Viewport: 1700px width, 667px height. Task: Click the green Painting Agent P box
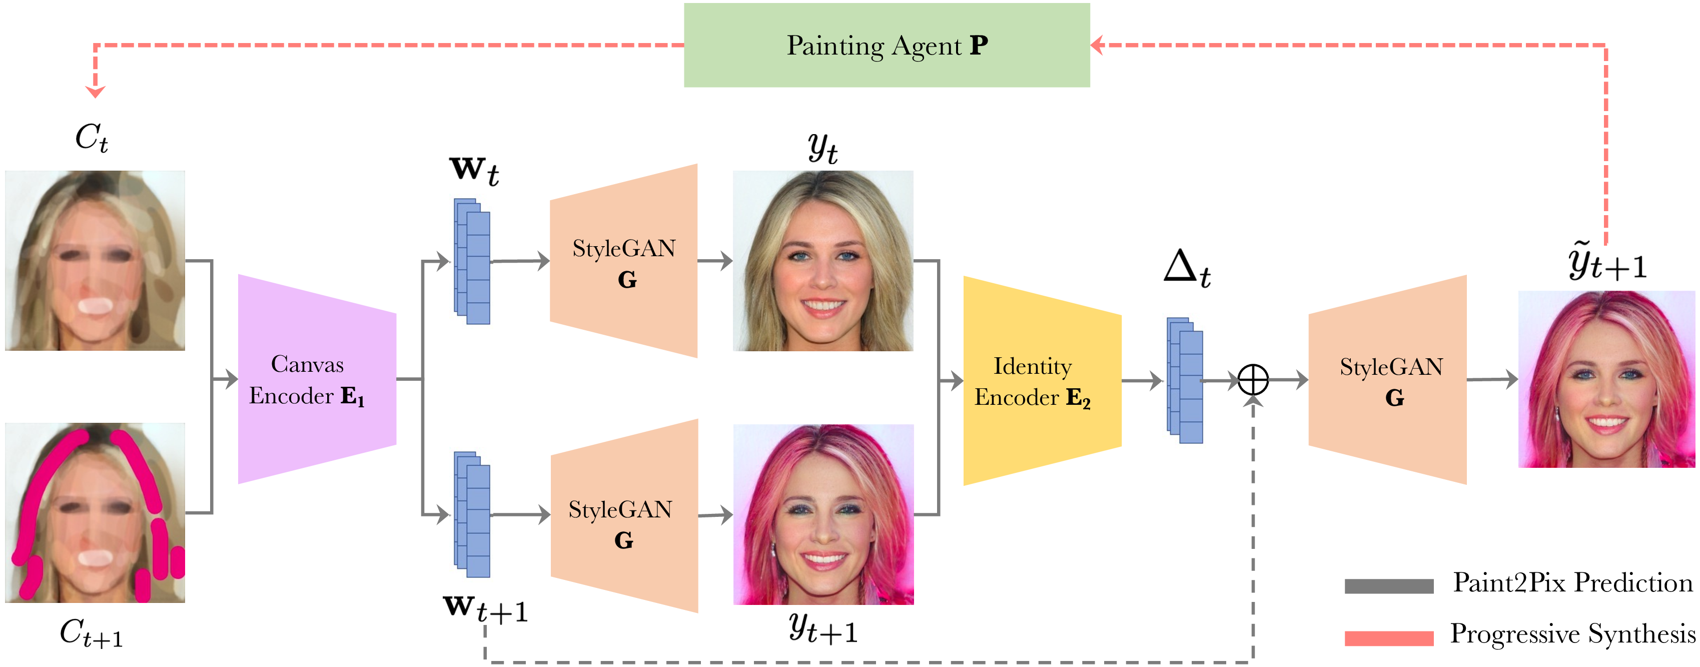tap(887, 45)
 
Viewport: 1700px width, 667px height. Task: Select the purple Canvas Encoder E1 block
tap(317, 379)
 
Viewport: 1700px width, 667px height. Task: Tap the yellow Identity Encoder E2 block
tap(1042, 381)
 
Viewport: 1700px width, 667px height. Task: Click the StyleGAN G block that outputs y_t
tap(624, 261)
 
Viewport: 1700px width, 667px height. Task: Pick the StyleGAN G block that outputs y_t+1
tap(624, 516)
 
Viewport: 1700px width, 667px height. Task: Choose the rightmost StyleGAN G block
tap(1388, 380)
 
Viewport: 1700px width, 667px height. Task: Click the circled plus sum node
tap(1253, 380)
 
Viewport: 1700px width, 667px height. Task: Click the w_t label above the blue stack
tap(474, 171)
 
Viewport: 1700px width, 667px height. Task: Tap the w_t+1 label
tap(485, 609)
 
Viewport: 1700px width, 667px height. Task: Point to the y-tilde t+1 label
tap(1607, 262)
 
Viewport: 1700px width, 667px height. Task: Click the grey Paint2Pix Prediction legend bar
tap(1389, 586)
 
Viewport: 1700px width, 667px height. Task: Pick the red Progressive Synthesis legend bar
tap(1389, 638)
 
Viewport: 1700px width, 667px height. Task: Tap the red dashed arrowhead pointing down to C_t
tap(96, 92)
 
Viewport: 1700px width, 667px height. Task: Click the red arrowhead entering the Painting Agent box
tap(1097, 45)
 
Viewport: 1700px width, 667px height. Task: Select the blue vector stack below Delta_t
tap(1185, 380)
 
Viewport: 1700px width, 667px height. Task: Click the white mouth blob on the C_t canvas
tap(95, 306)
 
